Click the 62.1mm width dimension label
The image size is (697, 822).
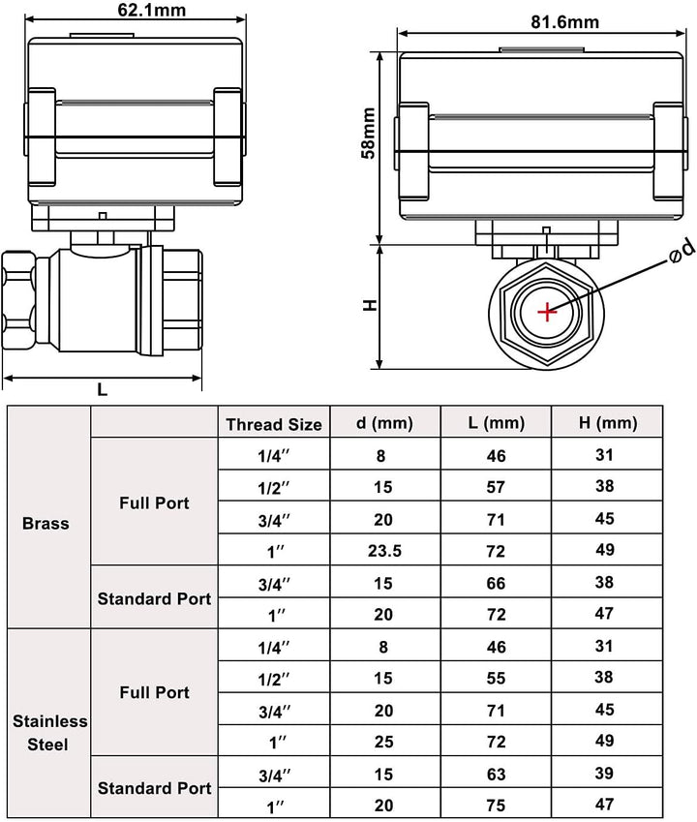[x=151, y=10]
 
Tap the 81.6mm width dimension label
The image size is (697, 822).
[x=564, y=22]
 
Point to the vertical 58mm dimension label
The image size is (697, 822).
[x=369, y=133]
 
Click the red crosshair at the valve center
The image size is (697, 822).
[x=547, y=313]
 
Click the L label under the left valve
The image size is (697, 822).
[x=103, y=389]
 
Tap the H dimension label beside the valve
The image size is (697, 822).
[x=370, y=305]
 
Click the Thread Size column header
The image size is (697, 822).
[x=274, y=424]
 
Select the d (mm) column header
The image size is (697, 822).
[x=384, y=422]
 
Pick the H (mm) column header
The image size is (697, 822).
[x=608, y=422]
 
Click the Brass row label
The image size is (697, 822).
[x=45, y=523]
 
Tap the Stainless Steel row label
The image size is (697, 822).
[x=49, y=732]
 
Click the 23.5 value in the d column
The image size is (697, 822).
[x=384, y=551]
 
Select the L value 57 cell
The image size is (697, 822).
[x=496, y=488]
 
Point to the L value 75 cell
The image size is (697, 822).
[x=496, y=806]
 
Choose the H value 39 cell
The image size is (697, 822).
[x=604, y=774]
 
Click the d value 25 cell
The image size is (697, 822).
[x=383, y=742]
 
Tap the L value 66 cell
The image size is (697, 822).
[x=496, y=583]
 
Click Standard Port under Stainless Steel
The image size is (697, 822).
[x=155, y=788]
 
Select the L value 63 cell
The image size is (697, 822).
[x=496, y=775]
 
